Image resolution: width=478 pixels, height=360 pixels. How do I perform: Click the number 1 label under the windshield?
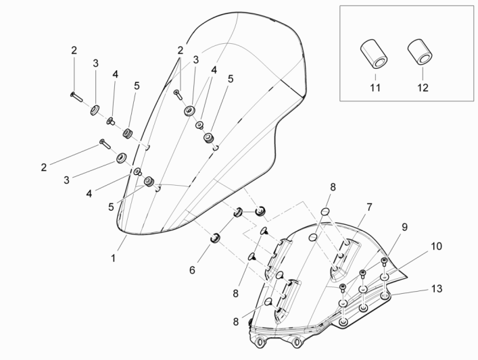click(114, 257)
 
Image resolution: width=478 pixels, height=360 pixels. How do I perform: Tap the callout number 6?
click(193, 269)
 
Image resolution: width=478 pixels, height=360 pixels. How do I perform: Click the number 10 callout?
click(436, 247)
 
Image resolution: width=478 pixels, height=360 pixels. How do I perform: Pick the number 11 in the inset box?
click(375, 88)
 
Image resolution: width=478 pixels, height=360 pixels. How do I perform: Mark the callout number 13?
click(437, 288)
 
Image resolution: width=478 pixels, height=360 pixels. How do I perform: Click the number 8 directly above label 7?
click(333, 187)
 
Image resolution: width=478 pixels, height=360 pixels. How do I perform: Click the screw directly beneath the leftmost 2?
click(74, 97)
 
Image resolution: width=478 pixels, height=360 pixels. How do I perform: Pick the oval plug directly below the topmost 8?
click(324, 213)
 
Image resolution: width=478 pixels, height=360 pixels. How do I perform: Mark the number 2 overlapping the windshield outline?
click(181, 50)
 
